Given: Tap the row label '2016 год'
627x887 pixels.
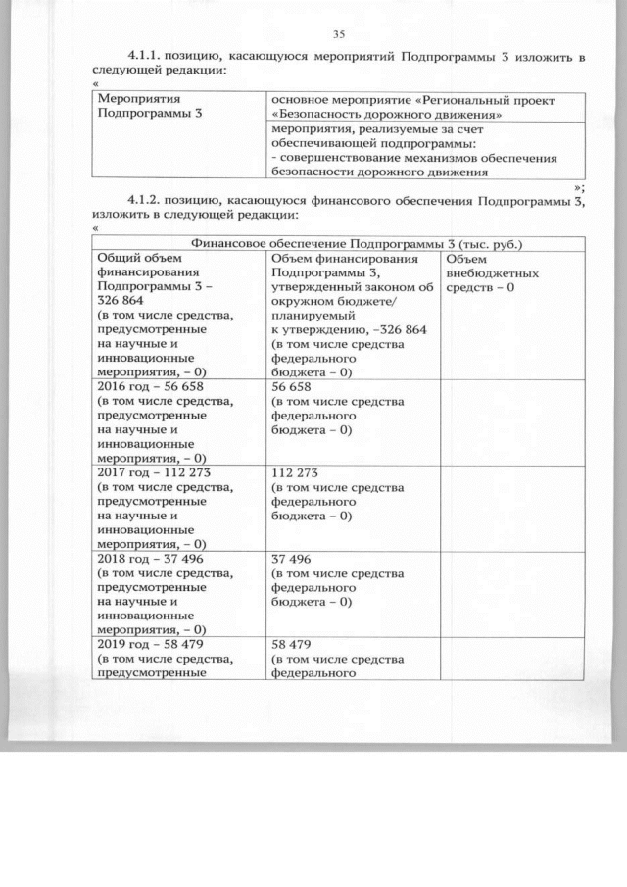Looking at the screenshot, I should click(x=122, y=386).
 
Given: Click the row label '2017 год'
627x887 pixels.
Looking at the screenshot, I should click(x=122, y=471).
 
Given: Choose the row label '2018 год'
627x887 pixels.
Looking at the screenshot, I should click(x=122, y=558).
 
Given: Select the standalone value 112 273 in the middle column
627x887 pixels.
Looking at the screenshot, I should click(x=295, y=471).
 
